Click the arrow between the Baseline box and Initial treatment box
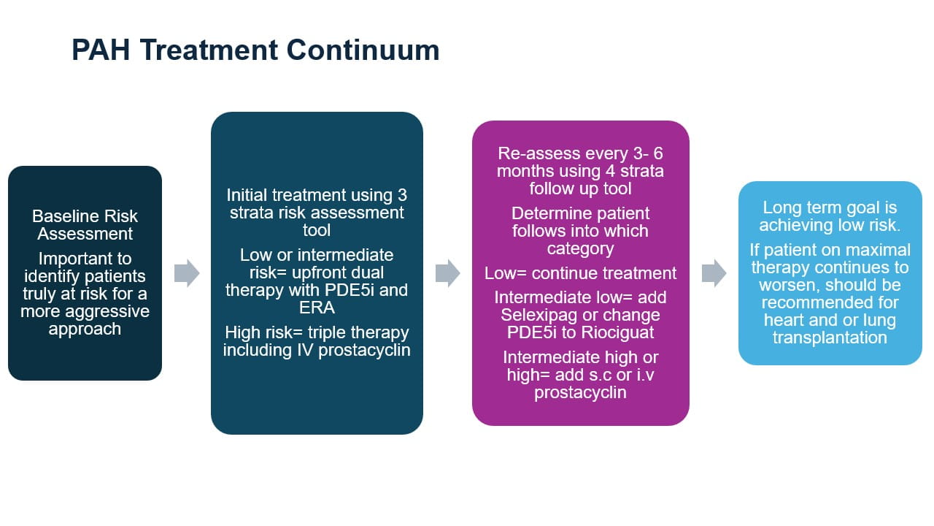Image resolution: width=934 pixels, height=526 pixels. (187, 273)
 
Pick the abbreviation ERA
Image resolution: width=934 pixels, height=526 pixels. (316, 308)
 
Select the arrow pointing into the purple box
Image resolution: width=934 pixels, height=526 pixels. (447, 273)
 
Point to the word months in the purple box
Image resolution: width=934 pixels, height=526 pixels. (524, 172)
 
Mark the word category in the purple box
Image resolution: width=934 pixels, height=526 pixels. (580, 248)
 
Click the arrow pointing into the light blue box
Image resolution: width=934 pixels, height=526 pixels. (714, 273)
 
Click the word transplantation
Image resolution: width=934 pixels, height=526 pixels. (830, 338)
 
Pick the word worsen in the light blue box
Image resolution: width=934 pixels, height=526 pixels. (788, 285)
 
